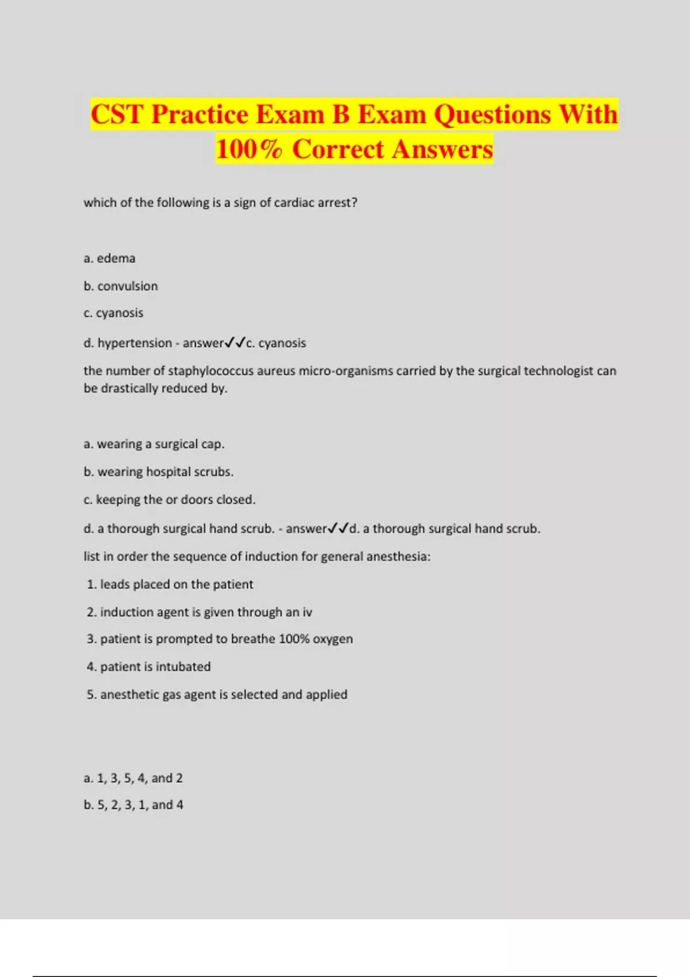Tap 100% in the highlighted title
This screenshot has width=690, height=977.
249,149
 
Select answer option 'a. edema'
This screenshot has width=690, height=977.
109,259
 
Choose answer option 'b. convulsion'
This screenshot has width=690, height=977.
121,286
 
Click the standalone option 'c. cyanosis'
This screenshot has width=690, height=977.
113,313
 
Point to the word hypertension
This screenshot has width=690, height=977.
135,343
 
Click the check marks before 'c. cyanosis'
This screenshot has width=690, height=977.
235,343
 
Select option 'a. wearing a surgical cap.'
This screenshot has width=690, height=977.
154,444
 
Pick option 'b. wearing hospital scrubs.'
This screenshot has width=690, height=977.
158,472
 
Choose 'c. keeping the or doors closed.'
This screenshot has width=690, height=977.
169,500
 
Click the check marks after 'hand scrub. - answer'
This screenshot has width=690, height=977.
338,528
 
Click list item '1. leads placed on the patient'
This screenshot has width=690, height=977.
170,584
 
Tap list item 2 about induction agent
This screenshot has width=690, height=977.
199,612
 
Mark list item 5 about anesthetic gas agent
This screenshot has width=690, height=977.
217,695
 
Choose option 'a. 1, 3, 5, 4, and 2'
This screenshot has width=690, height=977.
133,778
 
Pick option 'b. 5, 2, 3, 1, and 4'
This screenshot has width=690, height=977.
133,805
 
